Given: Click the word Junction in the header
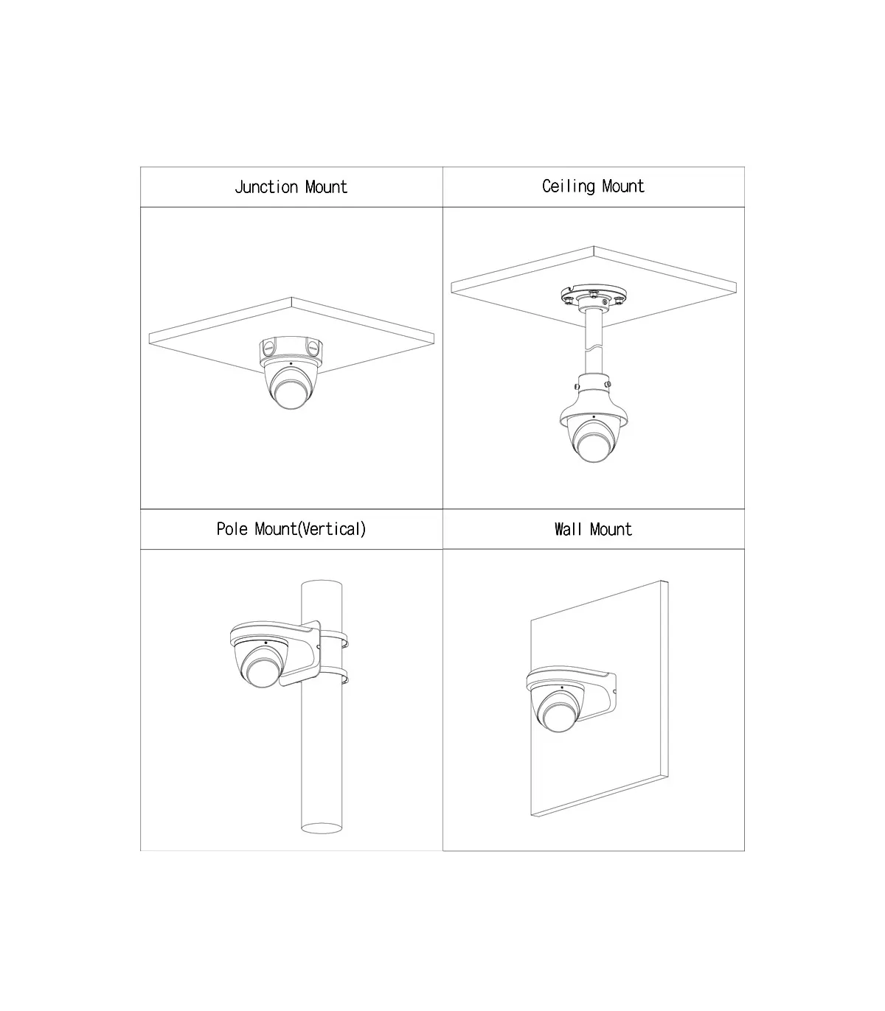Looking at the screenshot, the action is point(266,186).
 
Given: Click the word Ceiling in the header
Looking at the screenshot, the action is point(568,186).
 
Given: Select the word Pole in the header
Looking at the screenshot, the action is point(232,529).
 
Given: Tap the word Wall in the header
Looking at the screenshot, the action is point(568,529).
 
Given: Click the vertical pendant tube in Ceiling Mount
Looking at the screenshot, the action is point(593,342).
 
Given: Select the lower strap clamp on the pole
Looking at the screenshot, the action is point(334,676).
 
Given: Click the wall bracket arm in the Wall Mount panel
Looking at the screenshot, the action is point(593,698).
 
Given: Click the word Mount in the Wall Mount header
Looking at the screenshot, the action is point(611,529).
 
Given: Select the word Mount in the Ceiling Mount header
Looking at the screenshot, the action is point(623,186).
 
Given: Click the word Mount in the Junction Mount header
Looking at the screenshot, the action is point(326,186).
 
